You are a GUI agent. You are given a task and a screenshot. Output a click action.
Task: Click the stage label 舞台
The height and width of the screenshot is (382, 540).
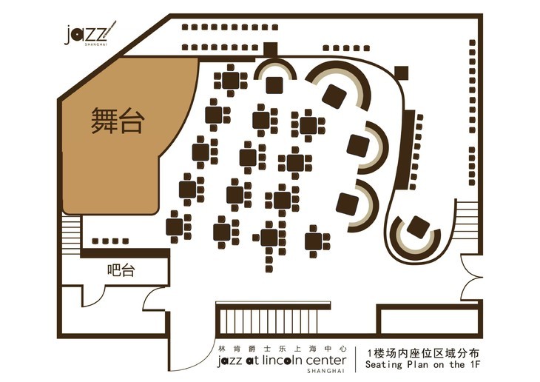click(x=116, y=121)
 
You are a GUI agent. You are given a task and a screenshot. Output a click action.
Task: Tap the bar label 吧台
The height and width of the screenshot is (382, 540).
click(x=121, y=271)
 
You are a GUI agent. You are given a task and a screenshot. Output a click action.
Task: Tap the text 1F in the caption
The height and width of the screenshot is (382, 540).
click(x=474, y=365)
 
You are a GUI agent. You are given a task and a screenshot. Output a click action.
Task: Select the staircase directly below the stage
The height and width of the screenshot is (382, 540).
click(x=71, y=233)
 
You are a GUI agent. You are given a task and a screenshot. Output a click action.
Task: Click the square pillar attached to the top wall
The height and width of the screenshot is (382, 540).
click(x=269, y=49)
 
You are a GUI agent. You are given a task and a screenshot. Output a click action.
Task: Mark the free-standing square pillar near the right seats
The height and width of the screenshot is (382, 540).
click(x=402, y=73)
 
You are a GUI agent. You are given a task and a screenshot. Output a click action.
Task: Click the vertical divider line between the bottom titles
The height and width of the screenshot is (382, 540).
click(x=356, y=358)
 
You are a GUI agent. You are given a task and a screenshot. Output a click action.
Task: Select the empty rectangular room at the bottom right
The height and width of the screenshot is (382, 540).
click(x=428, y=321)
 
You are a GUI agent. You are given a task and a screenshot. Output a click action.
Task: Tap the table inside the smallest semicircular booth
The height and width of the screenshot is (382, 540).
click(x=274, y=84)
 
